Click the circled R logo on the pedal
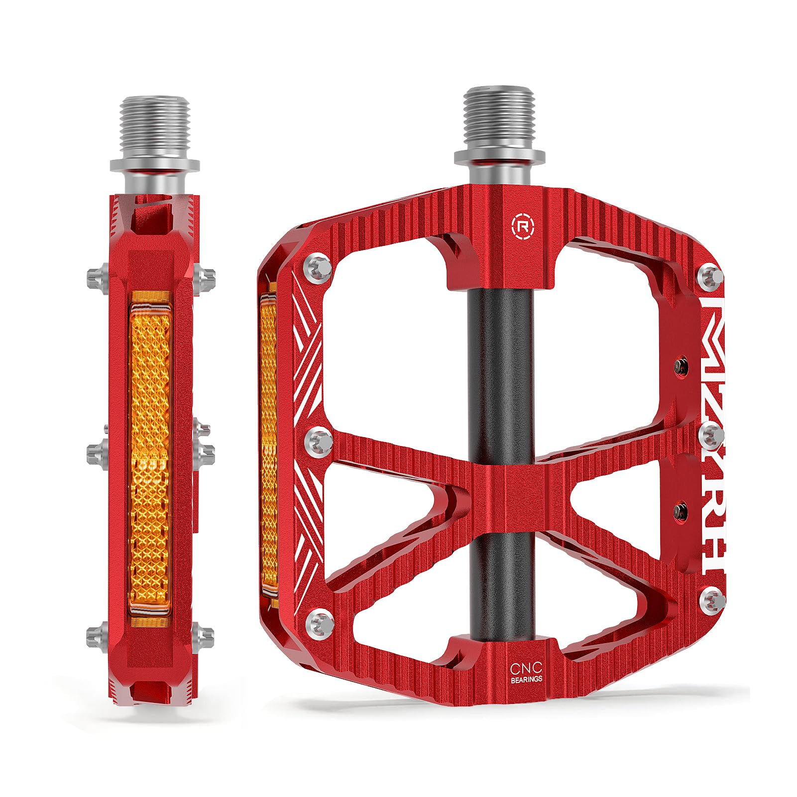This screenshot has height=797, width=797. coord(520,225)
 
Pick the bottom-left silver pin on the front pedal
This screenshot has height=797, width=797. coord(318,621)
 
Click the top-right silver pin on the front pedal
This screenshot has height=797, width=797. coord(710,275)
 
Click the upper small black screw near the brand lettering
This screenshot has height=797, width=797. coord(681,367)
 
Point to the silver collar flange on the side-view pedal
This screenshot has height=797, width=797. coord(155,165)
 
